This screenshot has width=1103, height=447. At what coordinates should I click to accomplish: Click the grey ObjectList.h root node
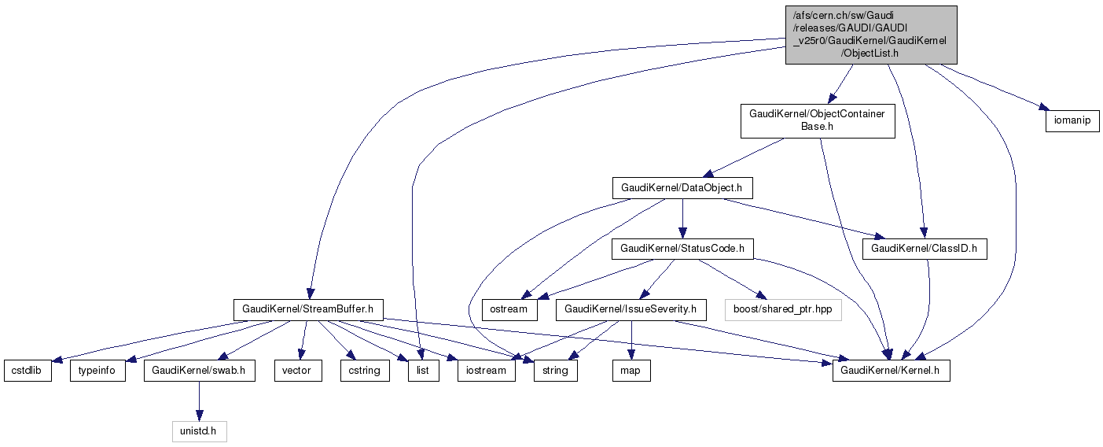870,35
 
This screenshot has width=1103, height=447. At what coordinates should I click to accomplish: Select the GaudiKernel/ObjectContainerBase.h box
817,120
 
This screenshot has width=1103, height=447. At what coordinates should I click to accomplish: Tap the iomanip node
1072,122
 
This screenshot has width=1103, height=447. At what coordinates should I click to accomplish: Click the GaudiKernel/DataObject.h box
682,188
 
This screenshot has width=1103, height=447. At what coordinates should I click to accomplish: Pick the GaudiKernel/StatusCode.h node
682,249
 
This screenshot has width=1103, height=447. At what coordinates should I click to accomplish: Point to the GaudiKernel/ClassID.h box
924,249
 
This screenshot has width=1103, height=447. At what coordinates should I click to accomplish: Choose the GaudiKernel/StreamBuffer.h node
308,309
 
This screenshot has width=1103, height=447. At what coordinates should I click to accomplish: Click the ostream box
509,309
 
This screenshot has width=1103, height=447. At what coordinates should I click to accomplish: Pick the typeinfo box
98,371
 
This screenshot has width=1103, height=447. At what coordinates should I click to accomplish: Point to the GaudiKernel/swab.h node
199,371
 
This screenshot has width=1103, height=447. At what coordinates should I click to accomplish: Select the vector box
297,371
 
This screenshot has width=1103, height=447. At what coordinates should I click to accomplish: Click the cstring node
365,371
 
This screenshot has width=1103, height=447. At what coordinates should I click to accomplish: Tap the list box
422,371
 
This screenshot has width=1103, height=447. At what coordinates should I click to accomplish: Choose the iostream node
487,371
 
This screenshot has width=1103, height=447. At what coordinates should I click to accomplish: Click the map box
632,371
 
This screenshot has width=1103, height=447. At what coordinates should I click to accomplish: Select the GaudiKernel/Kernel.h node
891,371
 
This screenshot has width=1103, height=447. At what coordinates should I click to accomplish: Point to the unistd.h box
199,431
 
